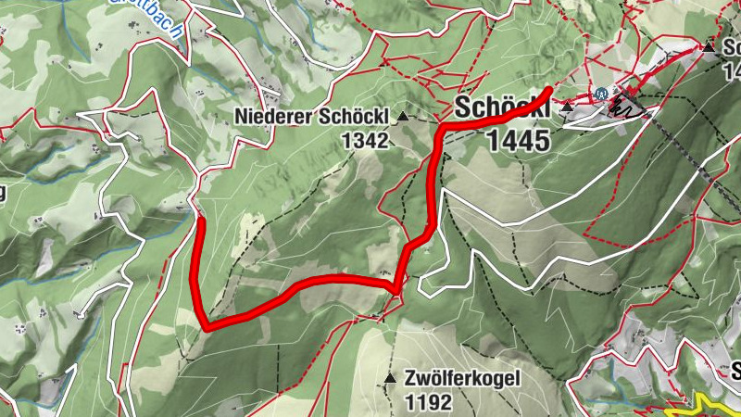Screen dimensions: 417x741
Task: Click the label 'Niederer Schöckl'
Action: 313,117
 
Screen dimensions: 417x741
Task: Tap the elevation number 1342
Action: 367,139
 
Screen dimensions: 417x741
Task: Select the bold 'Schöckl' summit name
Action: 501,108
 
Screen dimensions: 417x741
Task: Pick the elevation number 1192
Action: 428,402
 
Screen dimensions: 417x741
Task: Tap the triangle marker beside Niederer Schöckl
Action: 403,117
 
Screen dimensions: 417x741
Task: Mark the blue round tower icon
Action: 602,94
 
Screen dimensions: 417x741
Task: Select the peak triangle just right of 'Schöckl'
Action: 566,108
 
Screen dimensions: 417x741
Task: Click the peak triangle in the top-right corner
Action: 709,47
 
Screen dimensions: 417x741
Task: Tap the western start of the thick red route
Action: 201,221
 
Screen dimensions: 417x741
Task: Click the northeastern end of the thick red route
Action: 550,90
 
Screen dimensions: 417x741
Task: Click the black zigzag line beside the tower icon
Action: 629,107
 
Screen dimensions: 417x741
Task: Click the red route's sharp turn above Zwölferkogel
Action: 397,290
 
